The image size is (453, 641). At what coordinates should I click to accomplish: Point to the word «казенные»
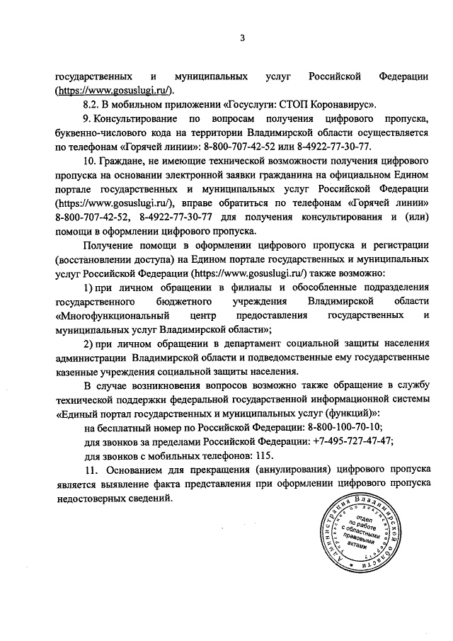79,373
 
